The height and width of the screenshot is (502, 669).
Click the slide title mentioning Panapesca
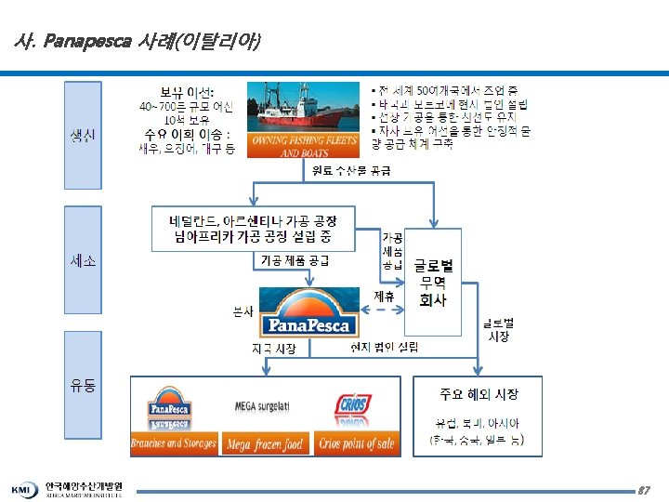point(138,42)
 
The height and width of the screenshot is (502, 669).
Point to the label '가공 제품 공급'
point(295,261)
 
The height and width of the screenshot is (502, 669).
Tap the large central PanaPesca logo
point(308,313)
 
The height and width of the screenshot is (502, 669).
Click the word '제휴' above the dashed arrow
point(384,297)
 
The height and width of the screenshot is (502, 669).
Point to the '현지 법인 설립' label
point(384,348)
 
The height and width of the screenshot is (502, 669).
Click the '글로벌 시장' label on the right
point(499,329)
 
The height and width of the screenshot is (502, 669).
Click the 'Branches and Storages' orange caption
point(175,444)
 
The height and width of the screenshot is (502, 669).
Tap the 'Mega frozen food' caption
point(266,444)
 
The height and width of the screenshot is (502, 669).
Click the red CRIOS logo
point(353,407)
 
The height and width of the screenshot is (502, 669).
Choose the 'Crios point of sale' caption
point(357,444)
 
